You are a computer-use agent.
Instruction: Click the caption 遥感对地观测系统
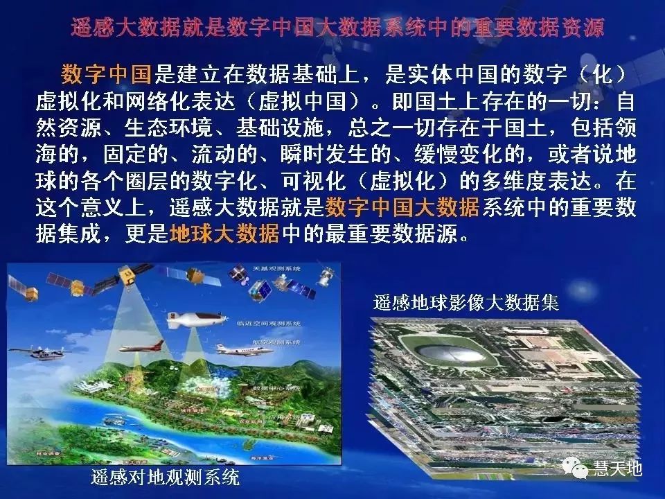[165, 478]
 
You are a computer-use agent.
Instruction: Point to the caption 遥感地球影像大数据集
[466, 303]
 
